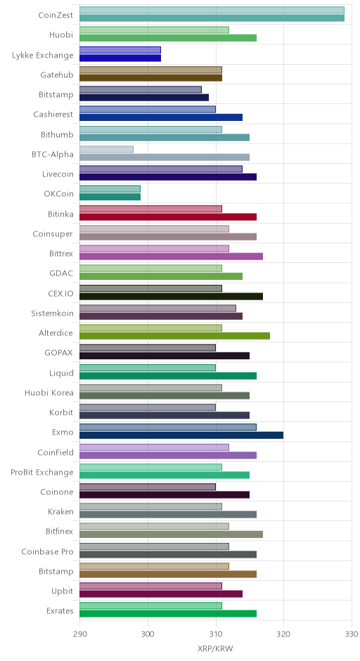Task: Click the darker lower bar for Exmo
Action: pos(181,435)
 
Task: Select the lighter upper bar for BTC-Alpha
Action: pos(107,149)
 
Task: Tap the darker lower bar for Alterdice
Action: pos(174,336)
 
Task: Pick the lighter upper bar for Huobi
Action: pos(154,30)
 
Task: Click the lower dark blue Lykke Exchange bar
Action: pos(120,58)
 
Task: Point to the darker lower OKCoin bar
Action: pos(110,197)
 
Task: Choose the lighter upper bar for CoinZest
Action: pos(212,10)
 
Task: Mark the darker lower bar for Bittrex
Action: pos(171,257)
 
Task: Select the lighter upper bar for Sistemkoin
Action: pos(157,308)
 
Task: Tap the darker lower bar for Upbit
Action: pos(161,594)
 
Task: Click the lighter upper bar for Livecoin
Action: pos(161,169)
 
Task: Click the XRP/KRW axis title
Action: pos(215,648)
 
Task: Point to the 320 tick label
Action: pos(283,634)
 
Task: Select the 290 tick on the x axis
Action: pos(79,634)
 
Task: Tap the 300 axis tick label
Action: pos(148,634)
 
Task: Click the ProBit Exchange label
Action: pos(42,472)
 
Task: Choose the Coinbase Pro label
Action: pos(48,551)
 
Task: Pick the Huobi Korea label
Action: pos(49,393)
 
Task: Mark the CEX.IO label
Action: pos(60,293)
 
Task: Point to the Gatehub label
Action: pos(57,75)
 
